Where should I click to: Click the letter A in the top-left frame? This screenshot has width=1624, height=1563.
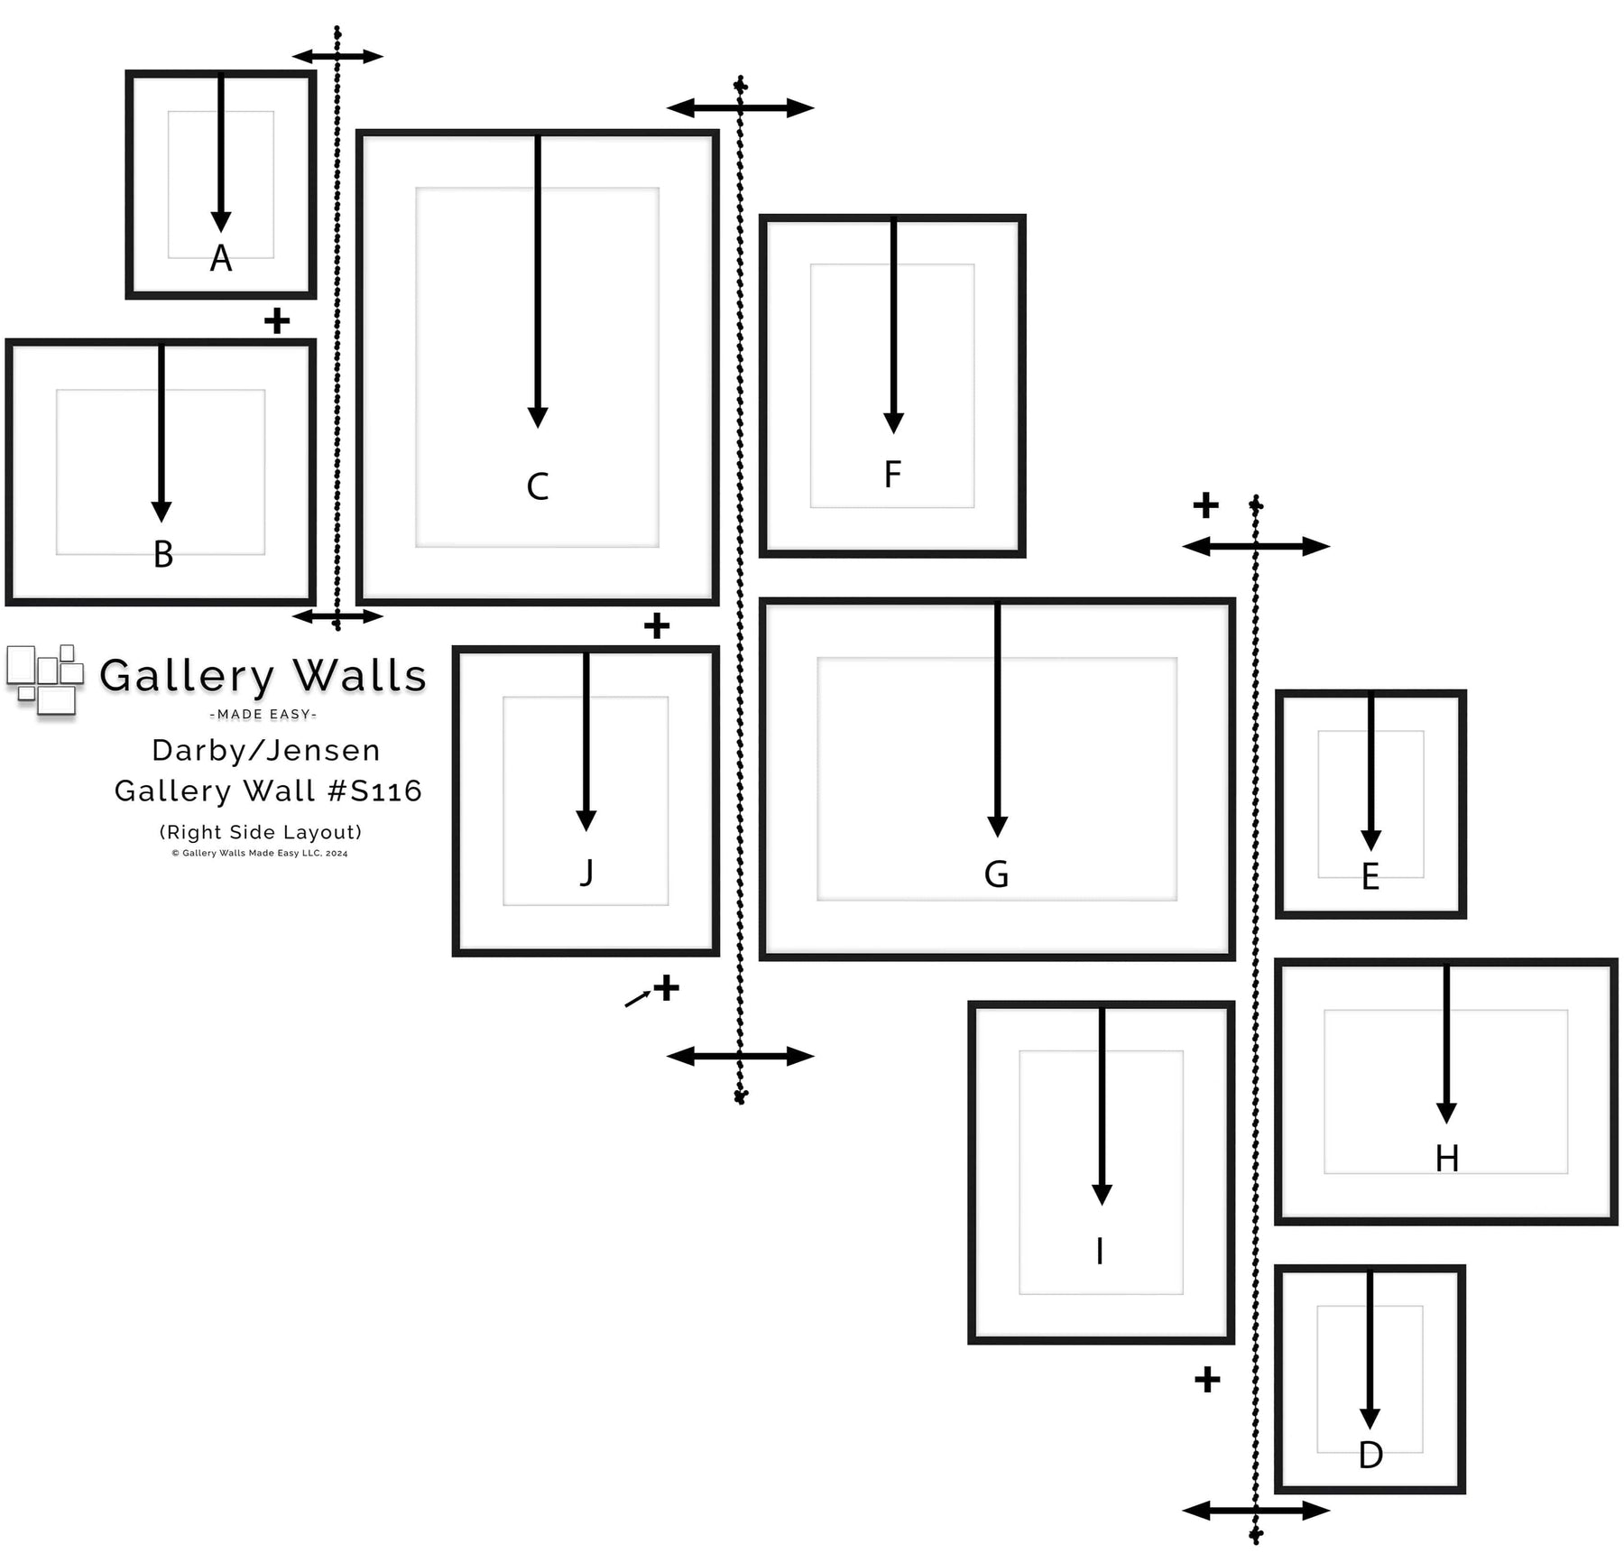pos(221,258)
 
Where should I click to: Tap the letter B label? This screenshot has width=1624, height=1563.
pos(163,554)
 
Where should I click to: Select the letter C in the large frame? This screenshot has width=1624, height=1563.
pos(538,486)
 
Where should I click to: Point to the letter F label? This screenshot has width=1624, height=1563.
pos(892,474)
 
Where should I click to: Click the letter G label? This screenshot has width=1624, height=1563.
pos(996,874)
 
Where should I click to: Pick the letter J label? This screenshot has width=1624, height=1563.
pos(586,873)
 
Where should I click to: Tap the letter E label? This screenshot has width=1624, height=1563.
pos(1370,877)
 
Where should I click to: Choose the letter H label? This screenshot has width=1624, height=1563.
pos(1447,1159)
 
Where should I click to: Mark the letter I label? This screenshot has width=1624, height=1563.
pos(1100,1252)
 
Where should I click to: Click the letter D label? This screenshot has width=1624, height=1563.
pos(1370,1455)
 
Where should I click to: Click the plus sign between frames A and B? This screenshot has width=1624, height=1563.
pos(277,320)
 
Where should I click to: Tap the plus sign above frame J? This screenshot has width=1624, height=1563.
pos(657,625)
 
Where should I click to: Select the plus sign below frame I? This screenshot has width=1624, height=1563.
pos(1207,1379)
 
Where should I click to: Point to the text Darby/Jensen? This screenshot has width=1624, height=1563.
pos(266,750)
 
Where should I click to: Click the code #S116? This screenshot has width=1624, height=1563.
pos(374,791)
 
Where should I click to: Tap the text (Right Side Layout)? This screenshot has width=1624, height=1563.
pos(261,832)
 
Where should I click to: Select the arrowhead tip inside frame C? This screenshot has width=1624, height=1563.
pos(538,428)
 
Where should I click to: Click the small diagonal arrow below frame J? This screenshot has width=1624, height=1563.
pos(638,998)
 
